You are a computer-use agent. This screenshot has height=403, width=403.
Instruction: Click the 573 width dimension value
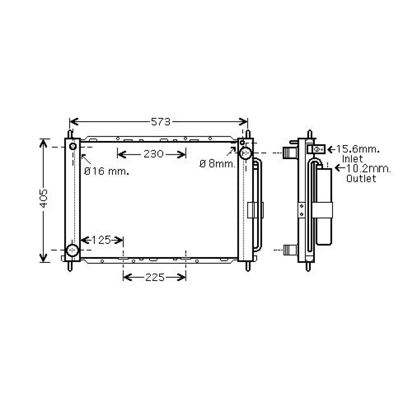coord(161,122)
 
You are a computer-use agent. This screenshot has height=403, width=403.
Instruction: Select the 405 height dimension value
coord(44,199)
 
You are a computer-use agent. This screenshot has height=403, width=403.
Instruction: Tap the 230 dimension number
coord(154,154)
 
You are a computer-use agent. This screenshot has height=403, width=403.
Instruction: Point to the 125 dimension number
coord(101,240)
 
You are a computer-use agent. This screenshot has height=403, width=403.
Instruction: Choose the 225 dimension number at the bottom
coord(155,277)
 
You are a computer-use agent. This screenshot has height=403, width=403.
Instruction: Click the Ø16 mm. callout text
coord(107,171)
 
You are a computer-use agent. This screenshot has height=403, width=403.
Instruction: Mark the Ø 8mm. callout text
coord(218,164)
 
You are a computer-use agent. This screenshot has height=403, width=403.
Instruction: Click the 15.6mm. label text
coord(358,149)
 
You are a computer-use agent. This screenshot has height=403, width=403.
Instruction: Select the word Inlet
coord(352,159)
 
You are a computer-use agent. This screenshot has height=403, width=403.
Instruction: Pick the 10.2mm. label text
coord(369,168)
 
